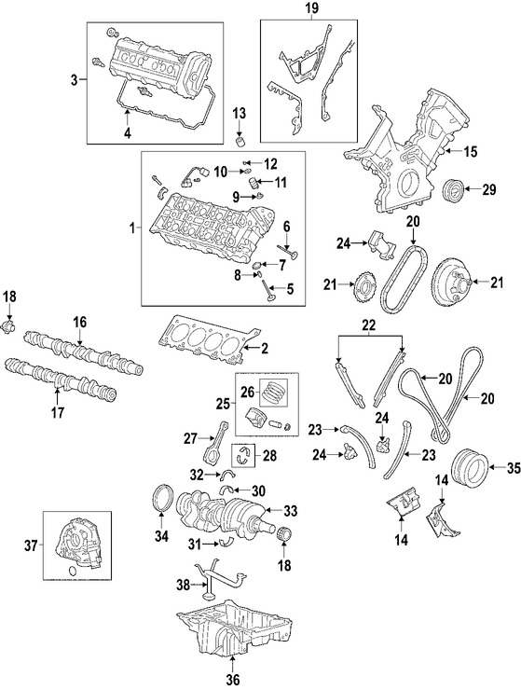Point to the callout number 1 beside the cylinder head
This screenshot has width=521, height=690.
133,227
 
